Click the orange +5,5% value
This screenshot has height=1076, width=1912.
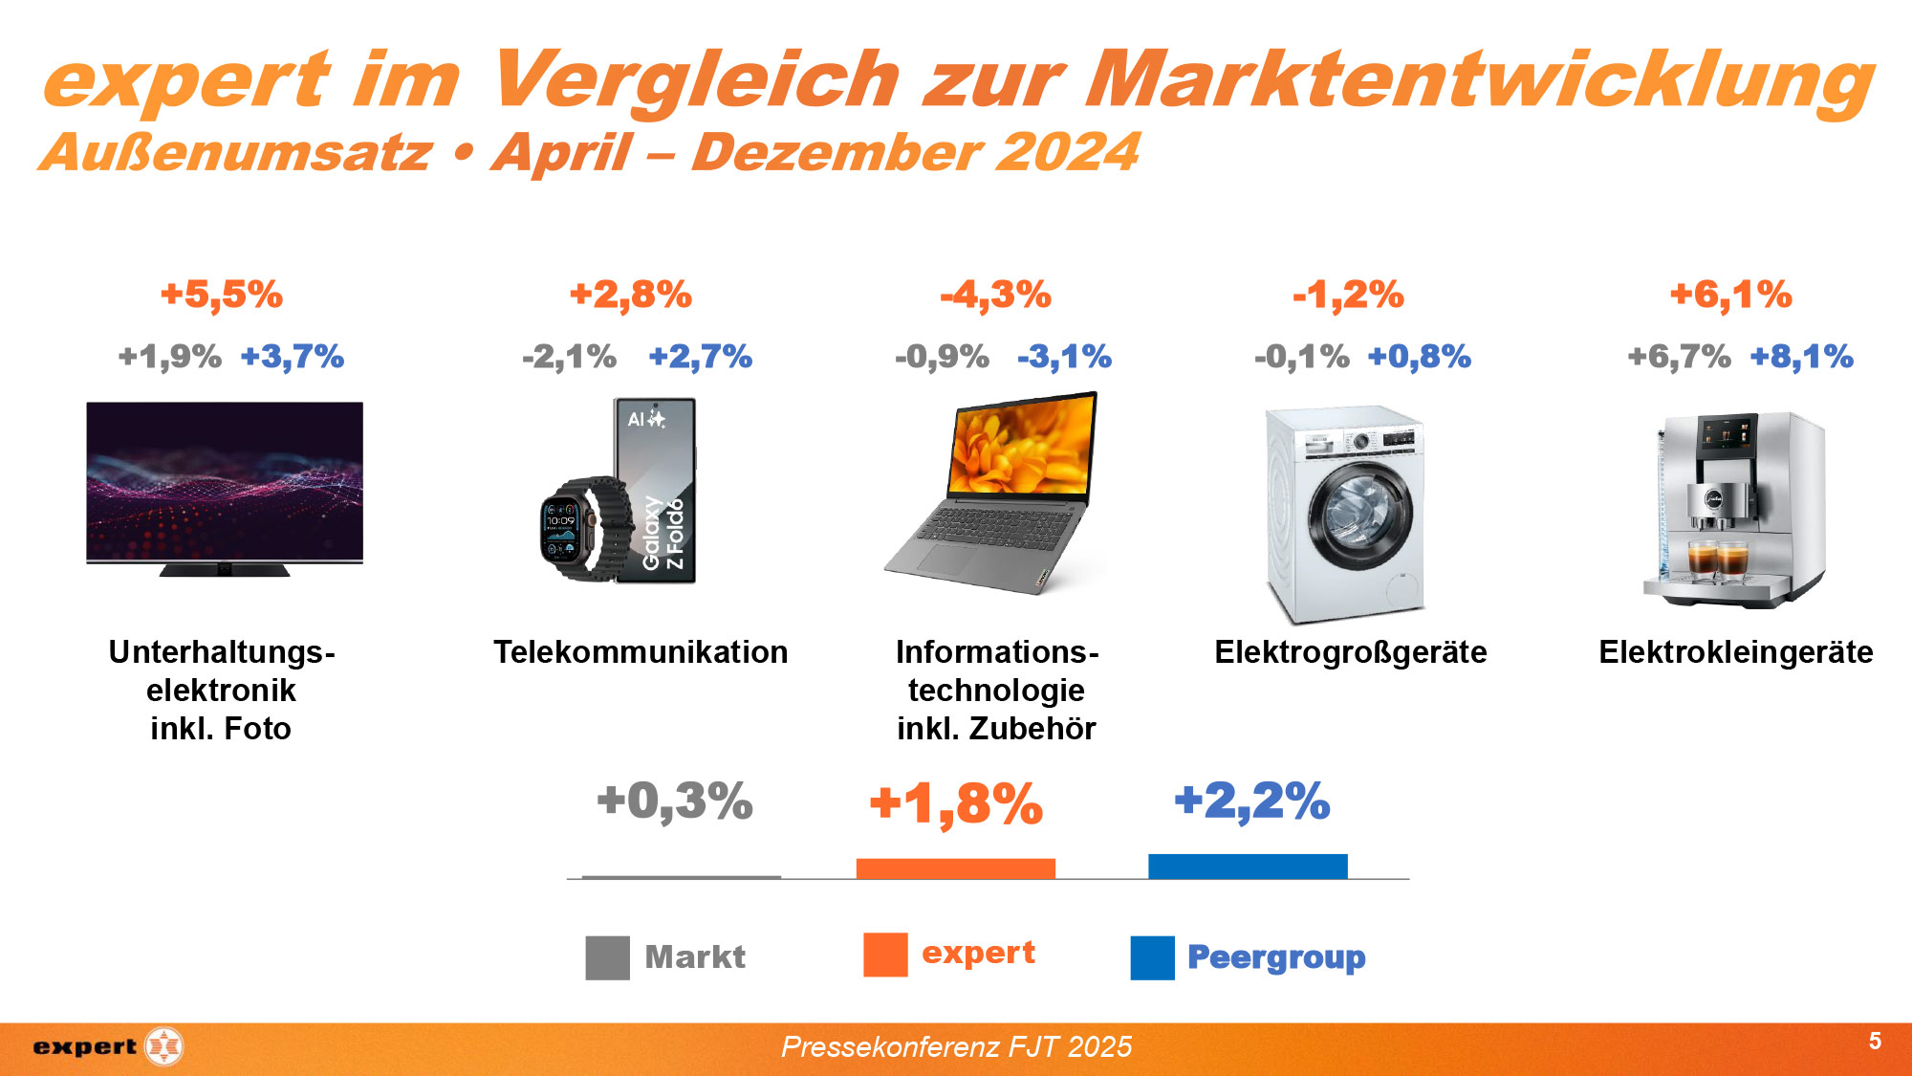click(222, 295)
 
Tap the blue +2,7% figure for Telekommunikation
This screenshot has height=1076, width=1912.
click(701, 357)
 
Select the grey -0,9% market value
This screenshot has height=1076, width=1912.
click(942, 357)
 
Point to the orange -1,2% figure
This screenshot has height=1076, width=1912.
click(1348, 295)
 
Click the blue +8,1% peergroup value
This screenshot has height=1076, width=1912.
click(1802, 357)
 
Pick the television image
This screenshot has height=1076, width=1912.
click(225, 488)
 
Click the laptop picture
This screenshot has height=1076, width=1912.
click(994, 493)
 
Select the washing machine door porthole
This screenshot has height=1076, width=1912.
click(1360, 516)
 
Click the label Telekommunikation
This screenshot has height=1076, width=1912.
click(641, 652)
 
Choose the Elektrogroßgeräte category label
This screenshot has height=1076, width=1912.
click(1351, 652)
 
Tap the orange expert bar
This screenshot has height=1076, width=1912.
click(956, 868)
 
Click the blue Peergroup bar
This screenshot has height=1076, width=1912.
click(1248, 867)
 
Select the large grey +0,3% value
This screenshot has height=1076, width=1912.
click(675, 802)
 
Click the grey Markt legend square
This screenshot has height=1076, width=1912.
click(608, 957)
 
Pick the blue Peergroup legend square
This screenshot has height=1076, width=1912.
click(1152, 957)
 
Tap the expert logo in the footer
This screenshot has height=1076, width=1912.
click(107, 1046)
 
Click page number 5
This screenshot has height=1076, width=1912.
click(1875, 1041)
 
